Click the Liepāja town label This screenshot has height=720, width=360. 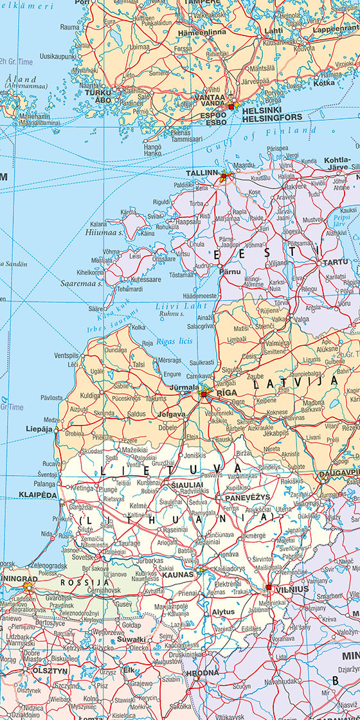[x=39, y=428]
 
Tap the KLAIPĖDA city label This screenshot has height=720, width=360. [x=38, y=495]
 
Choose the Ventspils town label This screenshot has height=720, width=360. [x=67, y=355]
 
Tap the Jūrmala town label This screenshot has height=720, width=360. [x=184, y=388]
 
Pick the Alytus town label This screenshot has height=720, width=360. [x=223, y=613]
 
